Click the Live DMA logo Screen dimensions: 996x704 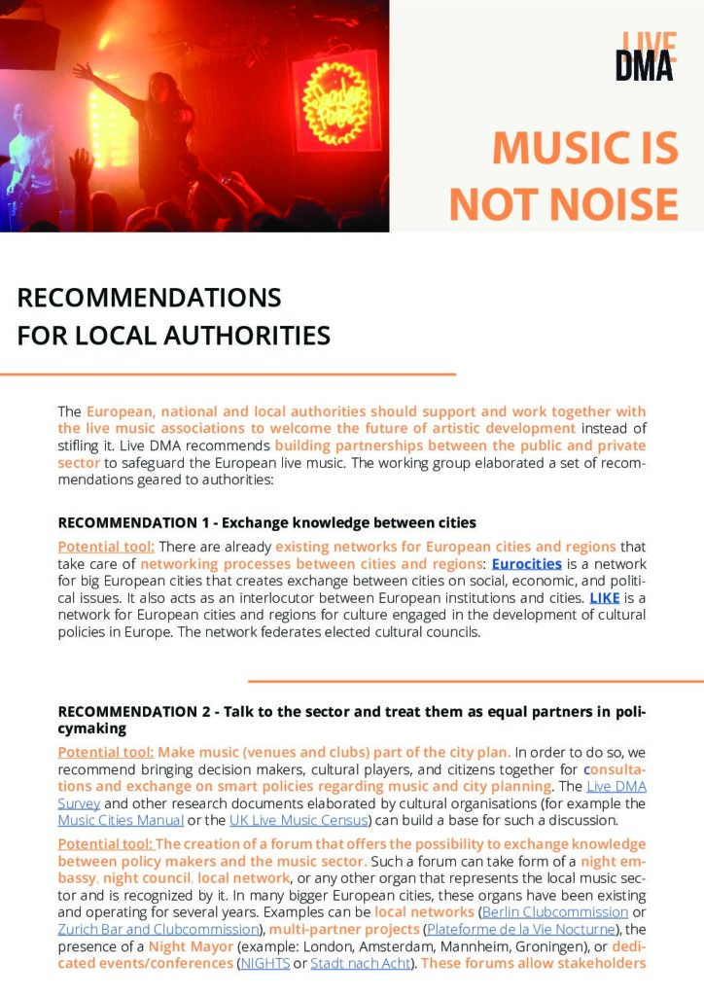pos(645,55)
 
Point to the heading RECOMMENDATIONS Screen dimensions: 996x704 pos(149,297)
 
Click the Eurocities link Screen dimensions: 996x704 pos(526,563)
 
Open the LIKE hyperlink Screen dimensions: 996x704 pos(604,597)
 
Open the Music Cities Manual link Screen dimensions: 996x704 pos(120,821)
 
